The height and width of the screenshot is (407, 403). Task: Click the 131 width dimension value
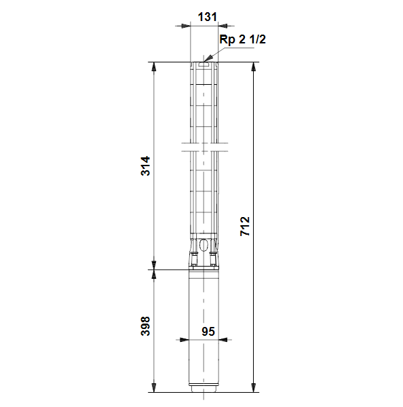(x=207, y=17)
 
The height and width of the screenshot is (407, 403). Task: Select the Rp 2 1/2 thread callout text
(x=242, y=39)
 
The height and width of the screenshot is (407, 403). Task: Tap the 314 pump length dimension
(x=145, y=166)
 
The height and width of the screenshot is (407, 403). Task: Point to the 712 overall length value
(x=245, y=226)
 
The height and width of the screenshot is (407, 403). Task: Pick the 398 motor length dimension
(x=145, y=326)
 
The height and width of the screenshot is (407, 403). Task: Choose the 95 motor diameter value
(x=208, y=332)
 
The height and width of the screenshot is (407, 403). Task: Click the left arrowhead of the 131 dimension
(x=186, y=26)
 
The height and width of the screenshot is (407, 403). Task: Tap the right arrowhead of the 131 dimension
(x=223, y=26)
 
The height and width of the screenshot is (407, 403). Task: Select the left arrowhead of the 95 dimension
(x=185, y=340)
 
